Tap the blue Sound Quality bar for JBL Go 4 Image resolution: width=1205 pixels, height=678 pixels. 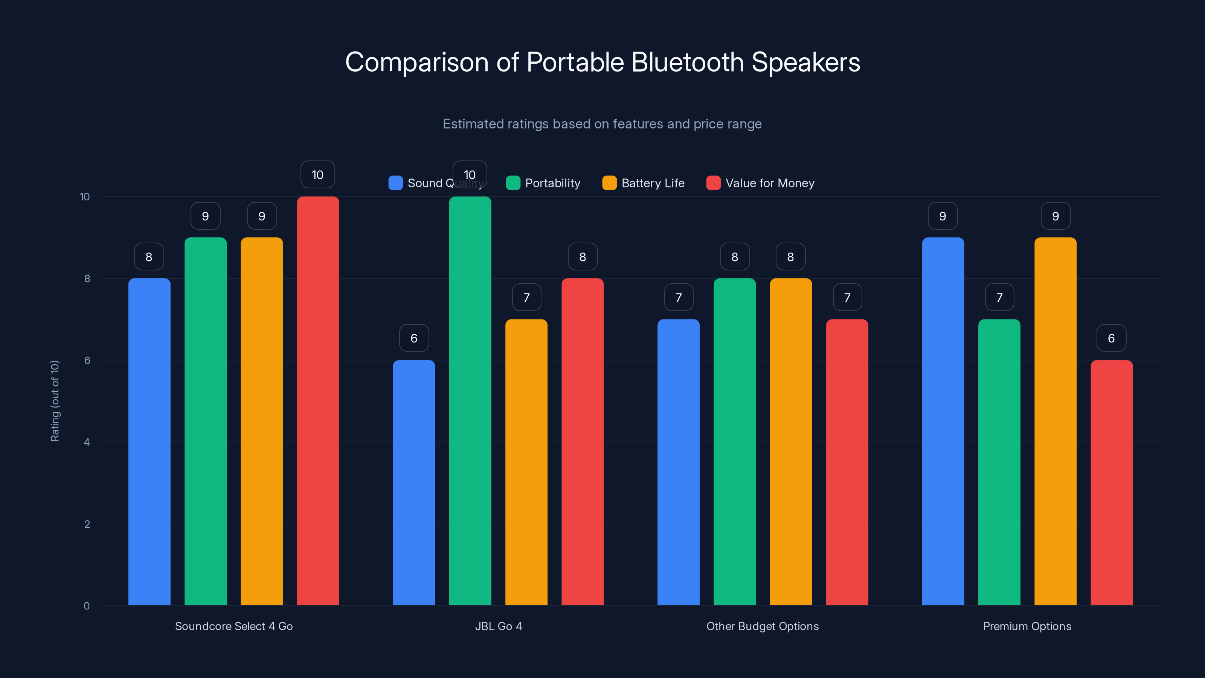[x=413, y=483]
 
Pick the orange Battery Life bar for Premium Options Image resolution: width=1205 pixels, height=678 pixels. [x=1055, y=421]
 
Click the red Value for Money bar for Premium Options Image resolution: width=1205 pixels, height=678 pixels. [x=1112, y=483]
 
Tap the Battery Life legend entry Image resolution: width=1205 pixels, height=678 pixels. [x=644, y=183]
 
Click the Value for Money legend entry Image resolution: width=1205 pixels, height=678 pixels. [x=761, y=183]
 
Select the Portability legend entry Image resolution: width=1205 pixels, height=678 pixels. [x=543, y=183]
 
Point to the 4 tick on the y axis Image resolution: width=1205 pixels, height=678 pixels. [x=87, y=442]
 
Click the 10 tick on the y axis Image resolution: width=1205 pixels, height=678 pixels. [x=85, y=197]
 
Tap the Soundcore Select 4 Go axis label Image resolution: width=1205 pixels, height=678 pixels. [x=234, y=626]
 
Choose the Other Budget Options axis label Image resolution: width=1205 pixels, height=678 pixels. [x=763, y=626]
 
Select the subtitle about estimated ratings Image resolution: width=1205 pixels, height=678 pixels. [x=602, y=124]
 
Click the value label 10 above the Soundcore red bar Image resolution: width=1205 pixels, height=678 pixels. [x=317, y=174]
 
